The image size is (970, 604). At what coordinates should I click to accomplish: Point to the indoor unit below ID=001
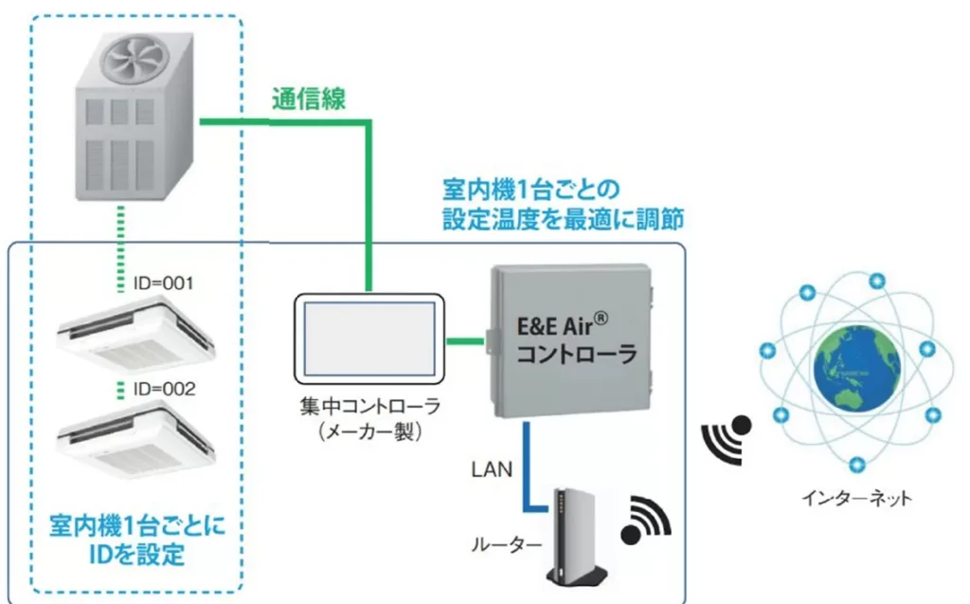pos(132,333)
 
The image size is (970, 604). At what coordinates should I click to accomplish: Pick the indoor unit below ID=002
pos(132,439)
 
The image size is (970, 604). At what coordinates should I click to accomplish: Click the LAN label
pos(491,467)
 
